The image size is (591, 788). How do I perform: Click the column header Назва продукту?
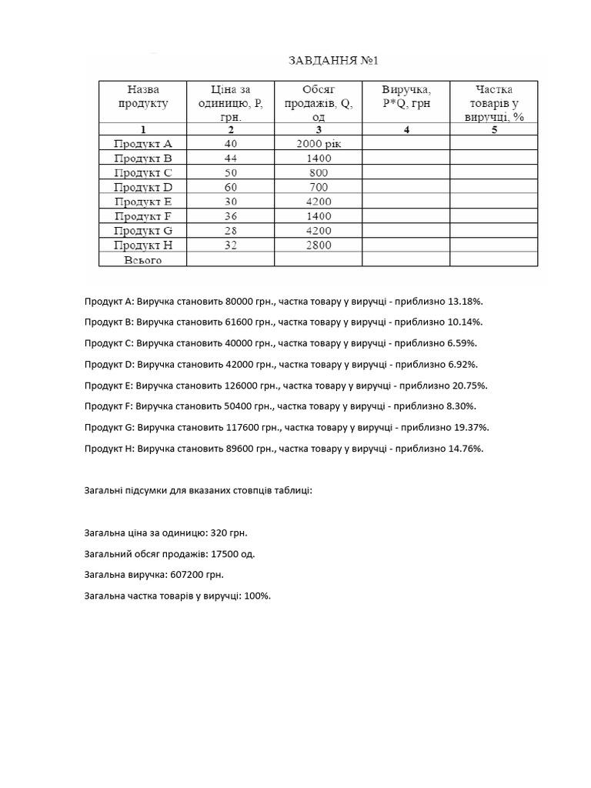click(142, 96)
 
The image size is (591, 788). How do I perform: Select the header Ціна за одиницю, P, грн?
click(230, 103)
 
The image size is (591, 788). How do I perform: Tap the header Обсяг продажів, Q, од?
click(318, 103)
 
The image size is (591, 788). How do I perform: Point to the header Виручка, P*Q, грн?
click(406, 96)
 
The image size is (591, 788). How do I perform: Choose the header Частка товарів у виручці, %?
click(493, 103)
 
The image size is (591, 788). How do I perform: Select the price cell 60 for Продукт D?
click(231, 187)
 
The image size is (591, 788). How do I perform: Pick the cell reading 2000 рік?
click(318, 143)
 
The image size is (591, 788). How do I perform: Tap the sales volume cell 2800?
click(318, 245)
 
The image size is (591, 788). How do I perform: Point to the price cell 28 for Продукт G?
click(231, 231)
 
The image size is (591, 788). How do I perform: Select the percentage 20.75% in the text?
click(473, 385)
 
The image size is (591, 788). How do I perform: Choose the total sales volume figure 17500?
click(225, 553)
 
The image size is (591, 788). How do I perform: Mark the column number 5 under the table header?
click(494, 129)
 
